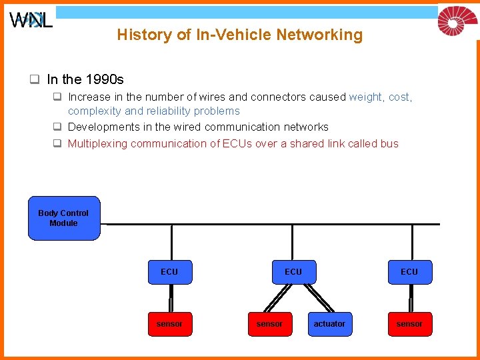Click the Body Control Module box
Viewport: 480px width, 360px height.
click(x=64, y=218)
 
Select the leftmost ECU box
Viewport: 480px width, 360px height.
click(x=169, y=272)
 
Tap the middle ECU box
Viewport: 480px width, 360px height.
click(x=293, y=272)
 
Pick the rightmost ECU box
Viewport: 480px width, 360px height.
click(x=409, y=272)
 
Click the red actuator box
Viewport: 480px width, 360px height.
click(x=329, y=324)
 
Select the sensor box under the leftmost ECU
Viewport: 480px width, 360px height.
click(x=169, y=324)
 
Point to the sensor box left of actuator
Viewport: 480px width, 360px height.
click(x=269, y=324)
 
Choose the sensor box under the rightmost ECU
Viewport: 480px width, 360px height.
click(x=409, y=324)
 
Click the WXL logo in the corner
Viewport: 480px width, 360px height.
click(x=31, y=20)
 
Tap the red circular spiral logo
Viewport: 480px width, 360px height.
click(x=457, y=20)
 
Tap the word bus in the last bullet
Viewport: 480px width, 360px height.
click(x=390, y=143)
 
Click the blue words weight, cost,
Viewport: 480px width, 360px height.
click(x=381, y=97)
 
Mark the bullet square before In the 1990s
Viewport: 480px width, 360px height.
click(x=33, y=80)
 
